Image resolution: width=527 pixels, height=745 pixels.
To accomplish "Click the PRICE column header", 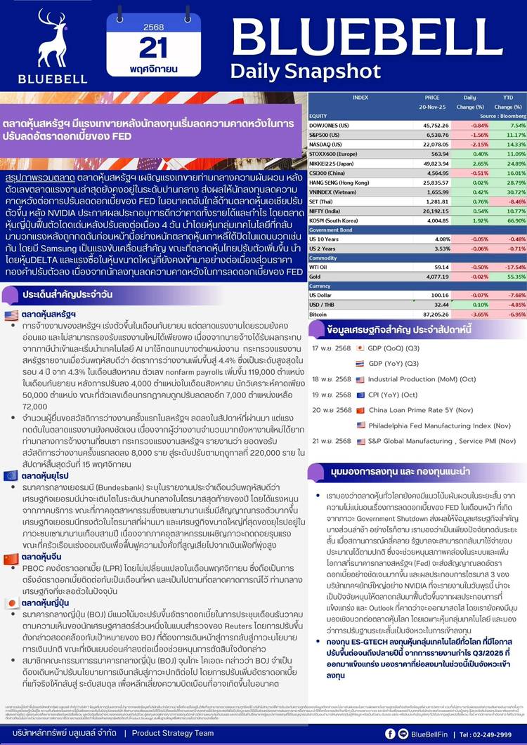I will click(432, 97).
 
